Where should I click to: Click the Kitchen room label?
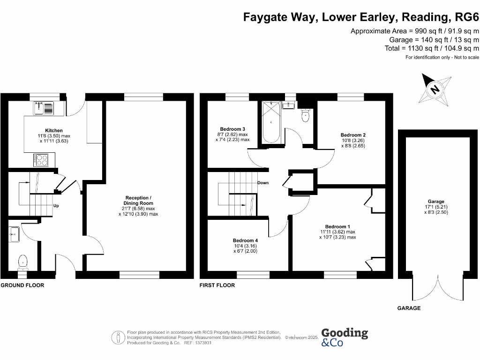tap(54, 130)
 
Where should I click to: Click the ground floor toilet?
tap(22, 261)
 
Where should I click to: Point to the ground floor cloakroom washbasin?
tap(14, 233)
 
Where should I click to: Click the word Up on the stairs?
tap(56, 206)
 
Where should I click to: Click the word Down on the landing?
tap(262, 182)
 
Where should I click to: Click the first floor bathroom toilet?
tap(306, 115)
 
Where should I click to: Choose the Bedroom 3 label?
tap(232, 129)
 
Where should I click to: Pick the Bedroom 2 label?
tap(352, 135)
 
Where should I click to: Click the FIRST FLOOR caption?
tap(217, 285)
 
